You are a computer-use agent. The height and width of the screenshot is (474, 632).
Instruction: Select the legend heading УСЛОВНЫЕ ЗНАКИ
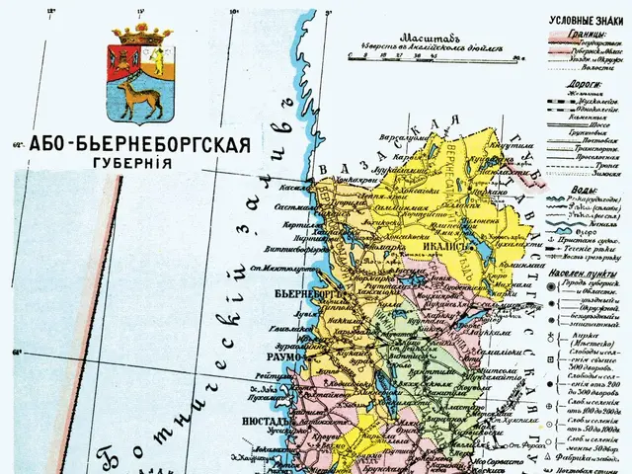coord(586,20)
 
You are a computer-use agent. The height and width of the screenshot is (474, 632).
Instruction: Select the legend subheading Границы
coord(566,33)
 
